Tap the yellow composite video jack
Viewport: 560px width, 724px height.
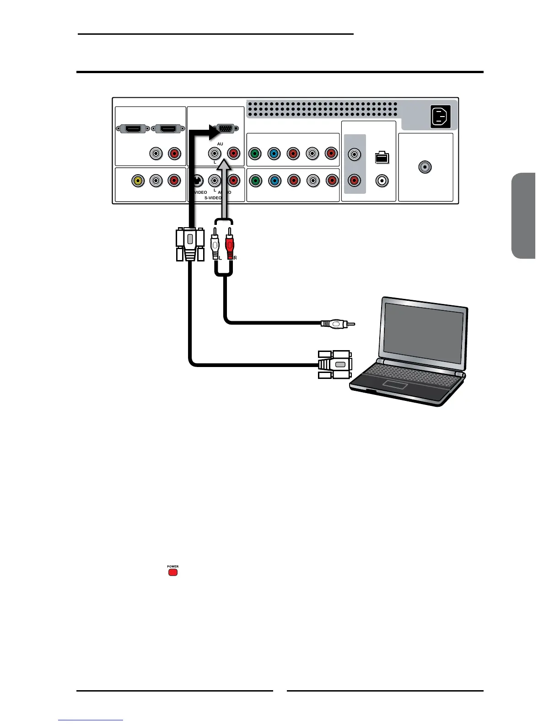point(137,181)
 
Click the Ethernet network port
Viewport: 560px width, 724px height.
point(382,158)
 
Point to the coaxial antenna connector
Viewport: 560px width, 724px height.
point(425,167)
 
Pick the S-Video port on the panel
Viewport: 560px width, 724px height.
point(197,181)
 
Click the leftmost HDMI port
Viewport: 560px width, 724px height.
point(133,129)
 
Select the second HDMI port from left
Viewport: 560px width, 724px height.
point(168,129)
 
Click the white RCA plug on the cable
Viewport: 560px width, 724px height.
point(214,248)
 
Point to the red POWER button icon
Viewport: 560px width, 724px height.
point(172,571)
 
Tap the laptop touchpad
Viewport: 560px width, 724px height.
point(395,384)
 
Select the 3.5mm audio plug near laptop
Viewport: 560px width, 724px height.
point(338,324)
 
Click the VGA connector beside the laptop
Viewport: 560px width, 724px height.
point(335,365)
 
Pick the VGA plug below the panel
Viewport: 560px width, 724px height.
point(190,245)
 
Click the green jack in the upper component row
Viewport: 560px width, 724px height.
point(254,154)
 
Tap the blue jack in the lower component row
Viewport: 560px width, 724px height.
point(274,181)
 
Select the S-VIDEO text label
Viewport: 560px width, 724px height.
point(214,198)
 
